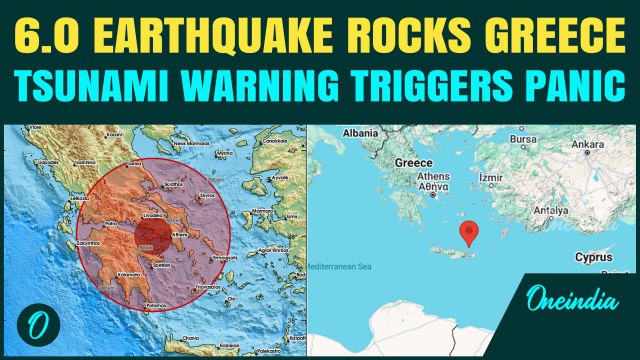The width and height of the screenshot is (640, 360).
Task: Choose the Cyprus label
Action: coord(593,257)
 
